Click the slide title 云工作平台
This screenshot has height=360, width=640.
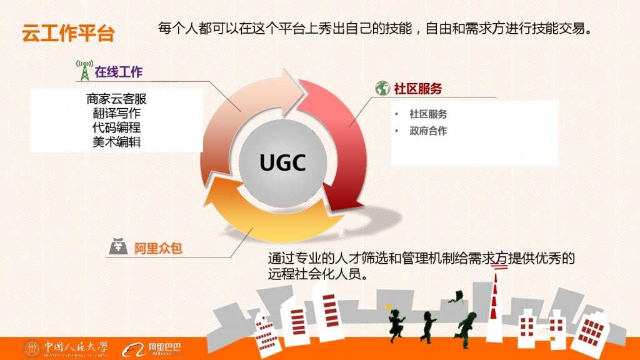tap(68, 33)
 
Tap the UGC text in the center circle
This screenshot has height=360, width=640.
tap(282, 163)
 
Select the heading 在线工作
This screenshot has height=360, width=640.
tap(119, 72)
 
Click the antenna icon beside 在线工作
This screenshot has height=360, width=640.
tap(83, 70)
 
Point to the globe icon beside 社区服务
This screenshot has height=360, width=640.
tap(382, 89)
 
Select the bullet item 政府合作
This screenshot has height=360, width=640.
tap(428, 131)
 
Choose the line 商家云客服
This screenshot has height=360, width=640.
tap(117, 99)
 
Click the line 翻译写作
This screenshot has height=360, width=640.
tap(117, 113)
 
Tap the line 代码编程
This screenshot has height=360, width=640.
tap(117, 127)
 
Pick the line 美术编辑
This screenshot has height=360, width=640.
tap(117, 142)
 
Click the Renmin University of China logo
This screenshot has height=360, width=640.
tap(66, 348)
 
